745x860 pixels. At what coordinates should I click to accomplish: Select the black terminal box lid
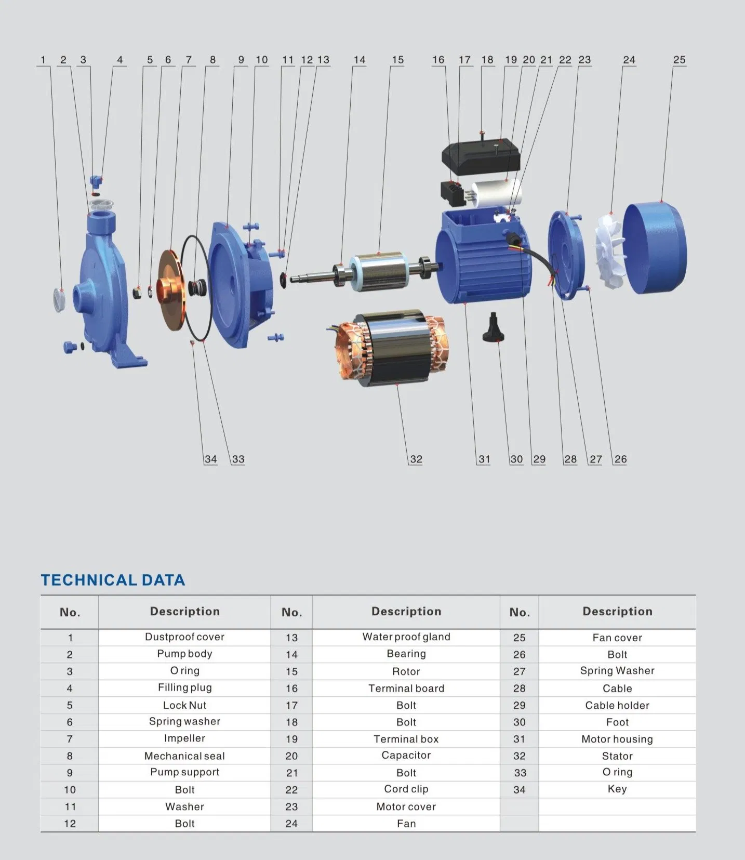click(x=481, y=156)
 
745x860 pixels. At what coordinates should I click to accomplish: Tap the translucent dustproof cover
click(x=59, y=299)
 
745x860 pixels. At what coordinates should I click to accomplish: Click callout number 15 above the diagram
click(x=397, y=60)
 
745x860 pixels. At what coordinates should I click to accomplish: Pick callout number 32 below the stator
click(x=416, y=459)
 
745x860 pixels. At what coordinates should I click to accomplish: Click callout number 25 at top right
click(x=679, y=60)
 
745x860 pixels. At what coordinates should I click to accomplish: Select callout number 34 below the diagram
click(x=210, y=459)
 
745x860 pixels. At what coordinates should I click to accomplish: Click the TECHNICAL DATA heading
click(x=113, y=580)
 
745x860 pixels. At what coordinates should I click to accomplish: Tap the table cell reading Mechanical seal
click(x=184, y=756)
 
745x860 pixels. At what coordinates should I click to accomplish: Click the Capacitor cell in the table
click(x=406, y=755)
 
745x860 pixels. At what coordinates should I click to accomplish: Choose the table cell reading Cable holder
click(x=617, y=705)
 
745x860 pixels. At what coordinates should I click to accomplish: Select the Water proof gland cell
click(x=406, y=637)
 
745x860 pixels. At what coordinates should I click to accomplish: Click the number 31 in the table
click(x=519, y=739)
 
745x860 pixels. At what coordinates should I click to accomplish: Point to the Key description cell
click(x=617, y=789)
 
